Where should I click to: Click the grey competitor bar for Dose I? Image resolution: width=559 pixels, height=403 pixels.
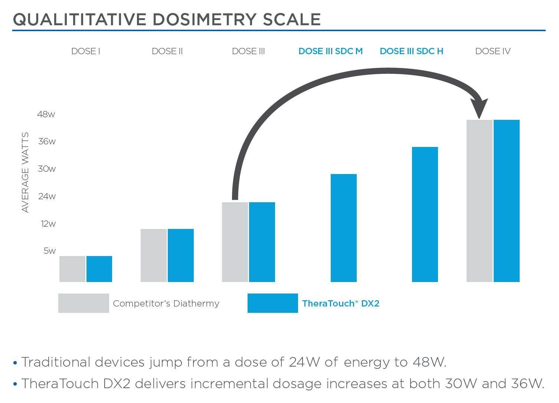(x=72, y=269)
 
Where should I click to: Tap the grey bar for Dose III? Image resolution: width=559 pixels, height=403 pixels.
(x=235, y=242)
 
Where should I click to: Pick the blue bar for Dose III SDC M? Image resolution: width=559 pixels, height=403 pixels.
(x=343, y=228)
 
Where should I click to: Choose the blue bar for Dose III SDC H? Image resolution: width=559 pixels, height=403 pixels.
(x=425, y=214)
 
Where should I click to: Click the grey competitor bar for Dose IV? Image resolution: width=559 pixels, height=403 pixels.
(x=479, y=201)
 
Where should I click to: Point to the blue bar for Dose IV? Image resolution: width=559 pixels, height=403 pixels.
(x=507, y=201)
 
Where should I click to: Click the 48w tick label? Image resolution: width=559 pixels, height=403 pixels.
(x=46, y=114)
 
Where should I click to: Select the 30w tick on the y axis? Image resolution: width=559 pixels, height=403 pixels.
(x=47, y=169)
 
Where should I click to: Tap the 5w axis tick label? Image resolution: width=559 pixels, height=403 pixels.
(x=49, y=251)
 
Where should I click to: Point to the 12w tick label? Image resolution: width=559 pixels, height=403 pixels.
(x=48, y=224)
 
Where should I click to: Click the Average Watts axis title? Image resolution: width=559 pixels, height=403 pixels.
(x=25, y=173)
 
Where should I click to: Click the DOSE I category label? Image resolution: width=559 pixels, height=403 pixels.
(x=86, y=51)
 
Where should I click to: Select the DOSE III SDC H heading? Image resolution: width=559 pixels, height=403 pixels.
(x=411, y=51)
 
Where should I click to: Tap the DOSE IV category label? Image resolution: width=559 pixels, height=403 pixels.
(x=493, y=51)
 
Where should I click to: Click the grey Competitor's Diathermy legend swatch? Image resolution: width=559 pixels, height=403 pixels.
(x=84, y=303)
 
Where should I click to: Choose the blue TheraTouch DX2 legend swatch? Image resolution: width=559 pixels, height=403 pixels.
(x=272, y=303)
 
